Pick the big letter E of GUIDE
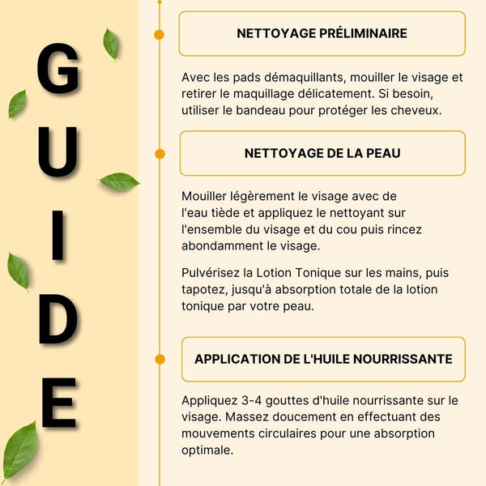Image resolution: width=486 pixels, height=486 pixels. click(x=58, y=403)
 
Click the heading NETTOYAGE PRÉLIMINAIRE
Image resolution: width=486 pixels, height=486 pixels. click(x=322, y=33)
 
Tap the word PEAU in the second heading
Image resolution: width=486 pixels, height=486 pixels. click(x=382, y=153)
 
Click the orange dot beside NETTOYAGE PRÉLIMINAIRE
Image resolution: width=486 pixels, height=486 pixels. click(x=160, y=34)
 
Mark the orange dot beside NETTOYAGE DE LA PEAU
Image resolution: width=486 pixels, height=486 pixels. click(x=160, y=153)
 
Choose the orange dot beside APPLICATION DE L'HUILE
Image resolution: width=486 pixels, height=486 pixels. click(x=160, y=359)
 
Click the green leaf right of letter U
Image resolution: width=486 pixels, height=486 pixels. click(x=119, y=181)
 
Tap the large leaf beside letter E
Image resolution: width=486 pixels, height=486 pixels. click(x=20, y=450)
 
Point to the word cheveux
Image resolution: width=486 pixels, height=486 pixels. click(x=414, y=110)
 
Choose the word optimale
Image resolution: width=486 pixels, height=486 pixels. click(x=207, y=450)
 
